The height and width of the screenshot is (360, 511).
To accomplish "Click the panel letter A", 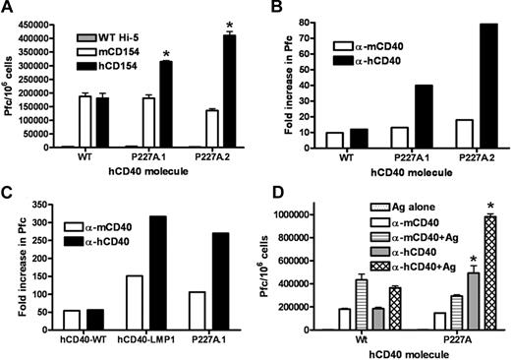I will (x=9, y=9).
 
